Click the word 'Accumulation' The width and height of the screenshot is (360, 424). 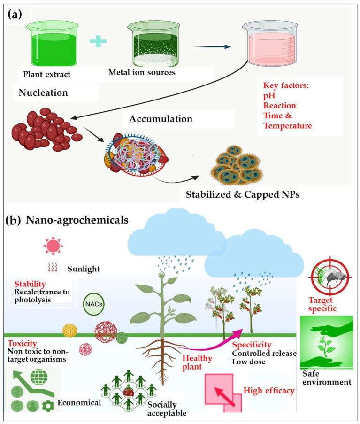pyautogui.click(x=161, y=119)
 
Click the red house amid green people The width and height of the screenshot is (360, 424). pyautogui.click(x=127, y=390)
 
